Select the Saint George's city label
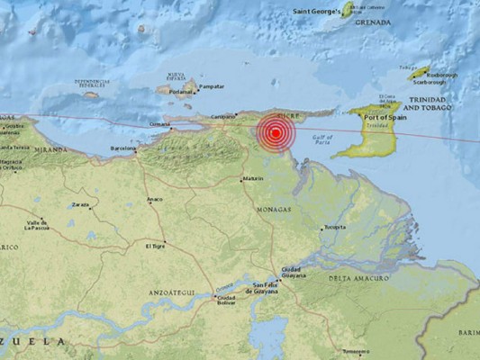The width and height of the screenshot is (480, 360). point(316,13)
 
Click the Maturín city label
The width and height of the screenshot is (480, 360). point(253,178)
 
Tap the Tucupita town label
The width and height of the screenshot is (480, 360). point(335,227)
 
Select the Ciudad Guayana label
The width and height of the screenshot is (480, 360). point(292,273)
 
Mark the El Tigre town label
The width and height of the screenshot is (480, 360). point(156,245)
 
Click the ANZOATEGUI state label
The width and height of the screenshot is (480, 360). point(168,292)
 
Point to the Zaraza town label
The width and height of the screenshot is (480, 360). point(81,205)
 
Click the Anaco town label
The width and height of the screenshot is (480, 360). point(155,199)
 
